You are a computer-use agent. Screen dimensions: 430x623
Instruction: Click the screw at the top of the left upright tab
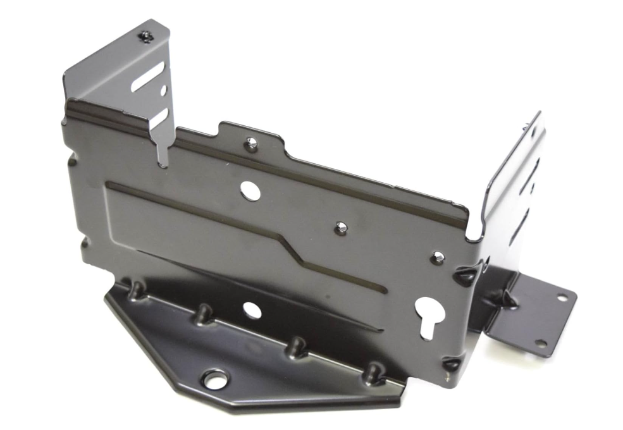146,37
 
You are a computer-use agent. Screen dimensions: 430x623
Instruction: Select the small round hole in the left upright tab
163,91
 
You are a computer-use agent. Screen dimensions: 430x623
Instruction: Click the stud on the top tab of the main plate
251,144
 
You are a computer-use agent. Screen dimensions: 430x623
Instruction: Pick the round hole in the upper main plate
251,190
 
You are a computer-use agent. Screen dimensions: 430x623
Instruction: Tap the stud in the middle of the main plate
341,227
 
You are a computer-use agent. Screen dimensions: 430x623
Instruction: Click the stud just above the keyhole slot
437,257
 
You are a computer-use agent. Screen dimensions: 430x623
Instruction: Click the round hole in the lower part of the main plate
252,310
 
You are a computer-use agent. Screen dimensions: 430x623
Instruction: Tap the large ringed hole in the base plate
215,380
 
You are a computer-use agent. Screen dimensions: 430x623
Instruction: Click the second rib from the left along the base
204,313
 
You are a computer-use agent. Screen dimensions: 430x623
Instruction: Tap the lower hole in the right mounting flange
541,343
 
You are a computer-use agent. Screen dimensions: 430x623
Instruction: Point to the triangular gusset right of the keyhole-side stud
467,275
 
